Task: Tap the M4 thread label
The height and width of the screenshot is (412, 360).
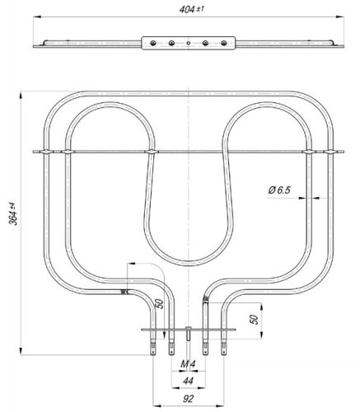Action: [x=189, y=364]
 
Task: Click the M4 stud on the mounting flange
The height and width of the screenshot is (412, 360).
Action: [x=189, y=334]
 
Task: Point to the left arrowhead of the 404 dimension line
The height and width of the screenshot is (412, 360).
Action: [x=37, y=17]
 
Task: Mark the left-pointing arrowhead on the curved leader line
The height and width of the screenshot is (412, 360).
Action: [x=130, y=264]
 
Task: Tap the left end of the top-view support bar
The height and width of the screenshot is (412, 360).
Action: [x=39, y=44]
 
